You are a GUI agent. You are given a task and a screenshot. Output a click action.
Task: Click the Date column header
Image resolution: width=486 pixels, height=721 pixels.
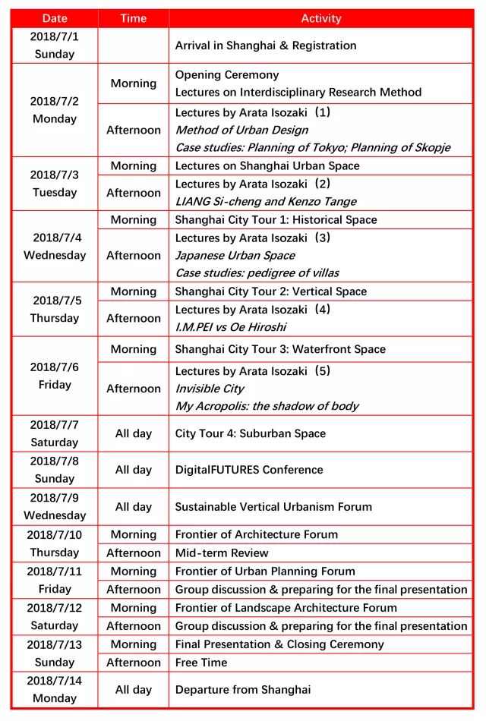tap(55, 18)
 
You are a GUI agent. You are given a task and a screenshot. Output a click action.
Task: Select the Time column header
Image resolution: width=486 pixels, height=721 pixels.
tap(133, 18)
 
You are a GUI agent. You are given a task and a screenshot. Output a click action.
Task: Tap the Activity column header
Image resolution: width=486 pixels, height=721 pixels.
tap(321, 18)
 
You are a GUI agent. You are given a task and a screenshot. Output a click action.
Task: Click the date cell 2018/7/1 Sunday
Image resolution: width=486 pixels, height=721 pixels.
tap(55, 45)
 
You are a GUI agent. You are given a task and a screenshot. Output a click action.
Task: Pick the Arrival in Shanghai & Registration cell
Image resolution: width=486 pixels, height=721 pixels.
tap(266, 46)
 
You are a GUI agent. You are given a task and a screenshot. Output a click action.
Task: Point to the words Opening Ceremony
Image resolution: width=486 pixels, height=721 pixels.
tap(227, 74)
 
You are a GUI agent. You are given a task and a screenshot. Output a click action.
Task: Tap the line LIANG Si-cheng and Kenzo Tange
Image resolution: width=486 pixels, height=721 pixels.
tap(266, 201)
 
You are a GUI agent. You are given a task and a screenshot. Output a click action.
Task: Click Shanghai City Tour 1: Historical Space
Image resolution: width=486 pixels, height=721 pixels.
tap(276, 219)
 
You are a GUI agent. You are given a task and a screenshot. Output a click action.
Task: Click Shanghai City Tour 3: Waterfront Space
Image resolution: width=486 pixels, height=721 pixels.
tap(280, 349)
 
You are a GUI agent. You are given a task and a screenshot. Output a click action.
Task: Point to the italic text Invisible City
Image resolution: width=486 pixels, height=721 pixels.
tap(210, 389)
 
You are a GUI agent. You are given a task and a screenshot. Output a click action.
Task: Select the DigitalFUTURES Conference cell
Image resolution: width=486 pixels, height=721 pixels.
tap(249, 470)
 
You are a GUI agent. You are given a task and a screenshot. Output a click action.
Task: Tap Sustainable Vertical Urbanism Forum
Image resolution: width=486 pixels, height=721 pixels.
tap(274, 506)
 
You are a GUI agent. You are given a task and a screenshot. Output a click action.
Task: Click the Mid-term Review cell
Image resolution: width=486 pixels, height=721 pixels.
tap(222, 553)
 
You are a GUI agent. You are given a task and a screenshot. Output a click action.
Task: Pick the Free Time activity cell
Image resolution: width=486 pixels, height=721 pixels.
tap(201, 663)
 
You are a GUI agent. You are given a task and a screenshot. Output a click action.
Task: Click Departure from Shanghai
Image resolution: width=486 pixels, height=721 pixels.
tap(243, 690)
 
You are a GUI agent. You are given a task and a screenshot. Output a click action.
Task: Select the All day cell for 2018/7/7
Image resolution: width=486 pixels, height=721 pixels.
tap(133, 433)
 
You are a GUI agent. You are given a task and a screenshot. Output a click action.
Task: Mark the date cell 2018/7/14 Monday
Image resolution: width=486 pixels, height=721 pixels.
tap(55, 690)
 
